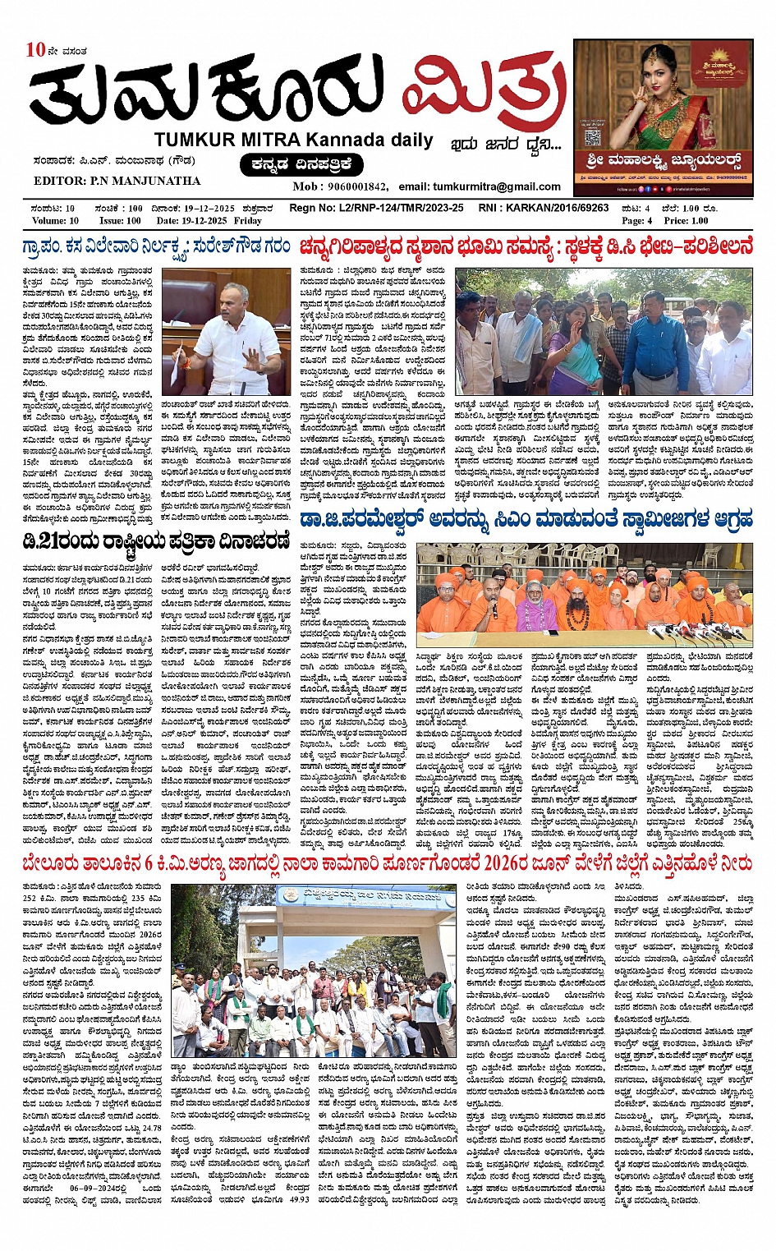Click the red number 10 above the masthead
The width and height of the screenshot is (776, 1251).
click(x=35, y=49)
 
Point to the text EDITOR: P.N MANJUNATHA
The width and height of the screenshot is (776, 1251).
click(x=117, y=181)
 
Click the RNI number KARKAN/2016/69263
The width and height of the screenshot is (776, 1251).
click(x=556, y=209)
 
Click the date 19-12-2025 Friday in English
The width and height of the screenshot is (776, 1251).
click(x=209, y=220)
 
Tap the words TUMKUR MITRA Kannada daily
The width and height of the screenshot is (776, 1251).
click(x=293, y=140)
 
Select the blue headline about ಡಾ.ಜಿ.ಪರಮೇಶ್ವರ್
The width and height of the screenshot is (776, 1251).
click(x=526, y=519)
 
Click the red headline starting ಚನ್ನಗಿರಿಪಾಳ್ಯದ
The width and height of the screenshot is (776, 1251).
click(x=526, y=246)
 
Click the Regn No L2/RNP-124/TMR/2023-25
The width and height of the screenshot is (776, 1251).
click(x=376, y=209)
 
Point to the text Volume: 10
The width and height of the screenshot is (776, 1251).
click(x=56, y=220)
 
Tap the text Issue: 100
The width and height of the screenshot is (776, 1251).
click(x=120, y=220)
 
